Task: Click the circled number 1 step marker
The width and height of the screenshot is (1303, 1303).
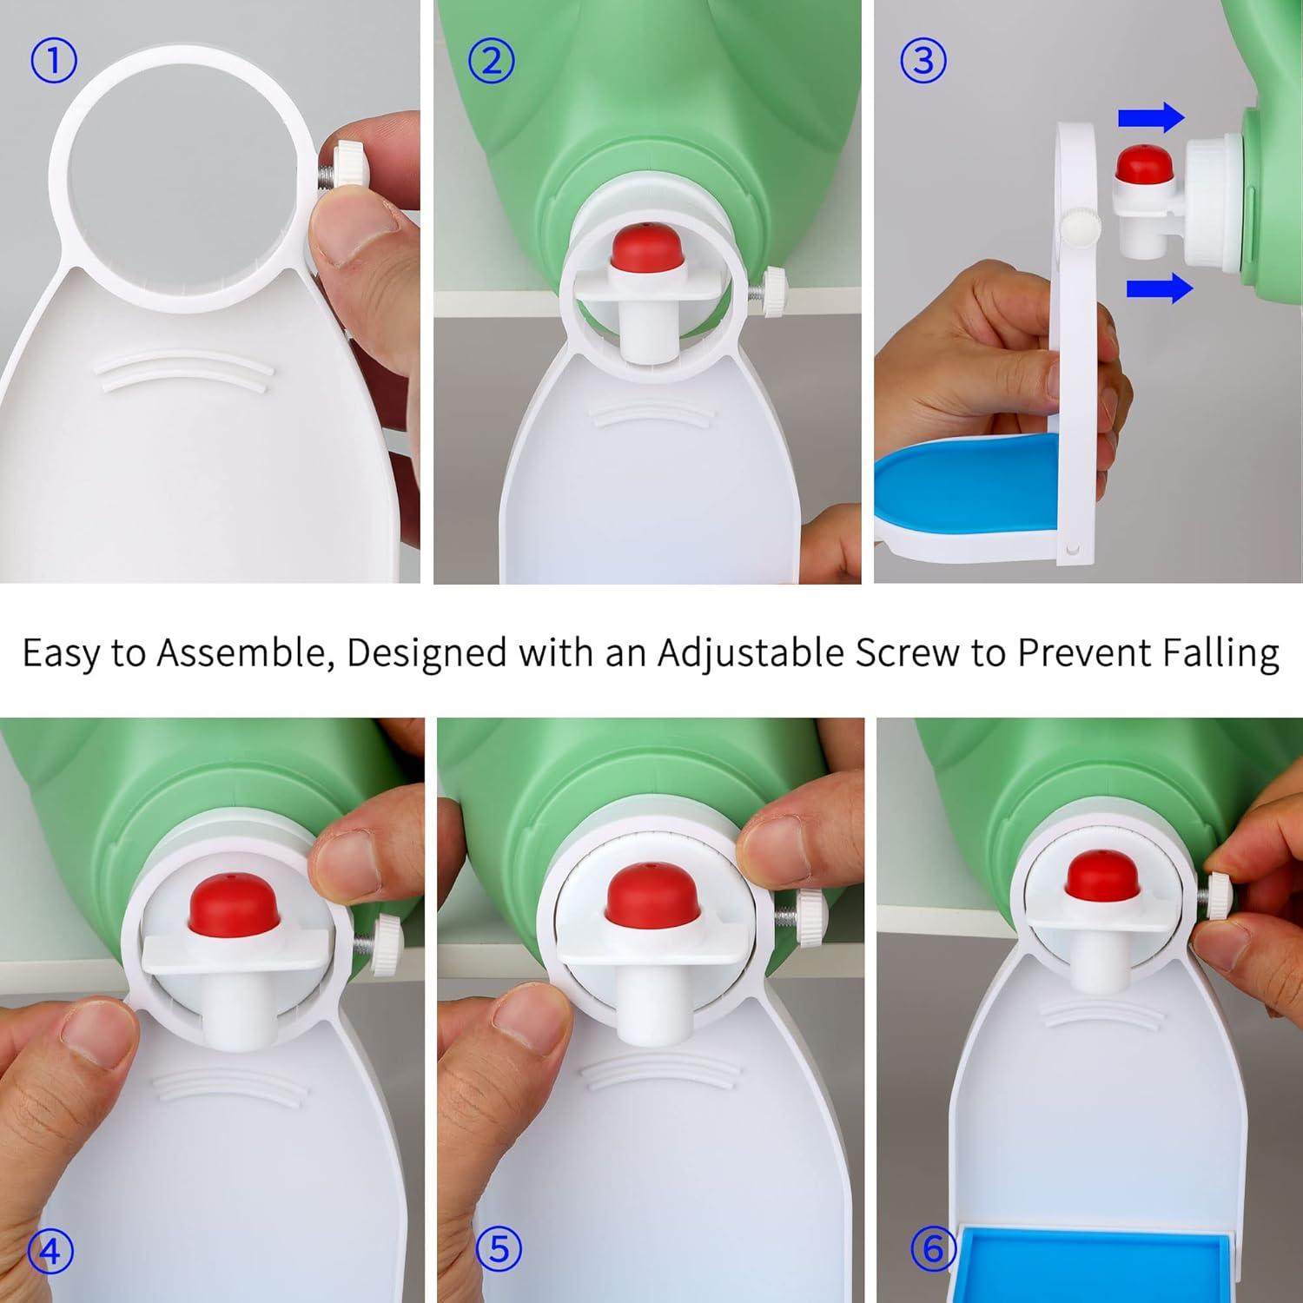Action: tap(53, 62)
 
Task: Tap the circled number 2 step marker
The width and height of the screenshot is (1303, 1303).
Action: tap(491, 62)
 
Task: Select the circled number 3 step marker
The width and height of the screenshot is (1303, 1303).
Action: tap(923, 62)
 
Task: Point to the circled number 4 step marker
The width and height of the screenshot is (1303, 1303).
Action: tap(50, 1251)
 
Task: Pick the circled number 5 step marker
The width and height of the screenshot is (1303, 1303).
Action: tap(499, 1249)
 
